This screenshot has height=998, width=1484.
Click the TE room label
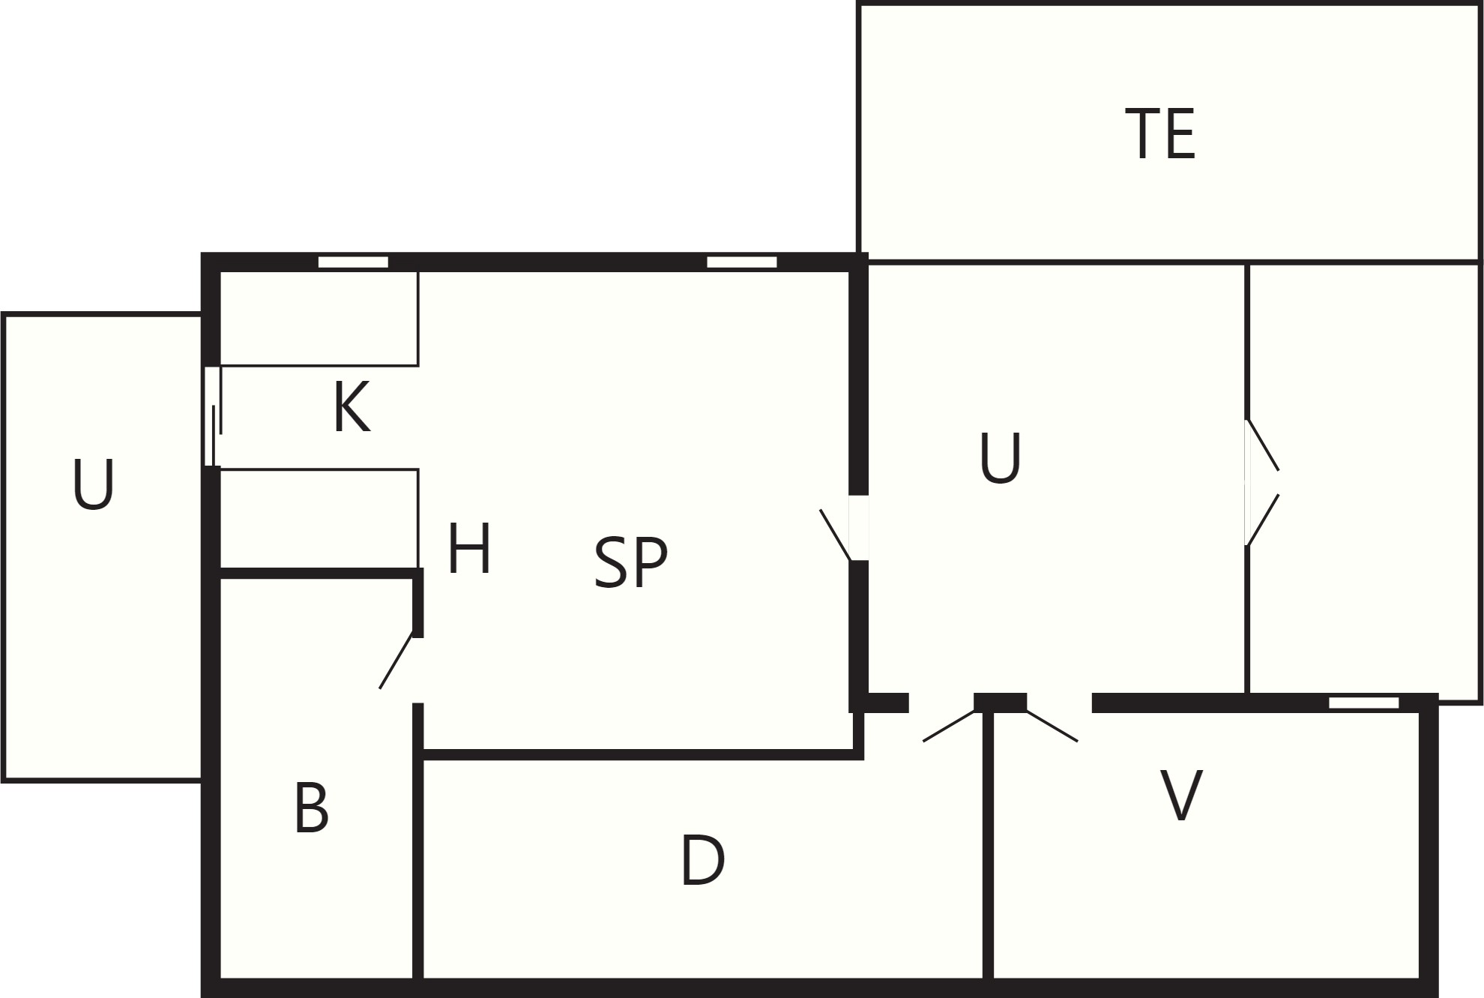tap(1160, 133)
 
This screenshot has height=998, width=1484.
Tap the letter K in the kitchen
tap(352, 407)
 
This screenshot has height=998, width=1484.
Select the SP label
tap(630, 562)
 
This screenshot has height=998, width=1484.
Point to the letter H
tap(469, 548)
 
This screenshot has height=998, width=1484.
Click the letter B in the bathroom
tap(312, 808)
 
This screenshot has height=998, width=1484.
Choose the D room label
tap(702, 861)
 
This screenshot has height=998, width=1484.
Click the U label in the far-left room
tap(94, 485)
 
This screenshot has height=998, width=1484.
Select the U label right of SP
tap(1000, 457)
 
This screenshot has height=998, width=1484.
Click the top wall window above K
tap(353, 262)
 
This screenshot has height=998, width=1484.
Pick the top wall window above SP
tap(742, 262)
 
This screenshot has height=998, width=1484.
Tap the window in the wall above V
tap(1364, 703)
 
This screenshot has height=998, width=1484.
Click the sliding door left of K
tap(213, 416)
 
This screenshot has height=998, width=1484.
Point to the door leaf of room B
tap(396, 662)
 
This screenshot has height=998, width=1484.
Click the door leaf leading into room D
tap(950, 725)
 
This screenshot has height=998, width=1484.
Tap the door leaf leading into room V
tap(1052, 725)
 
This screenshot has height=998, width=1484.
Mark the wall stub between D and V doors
tap(1000, 703)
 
